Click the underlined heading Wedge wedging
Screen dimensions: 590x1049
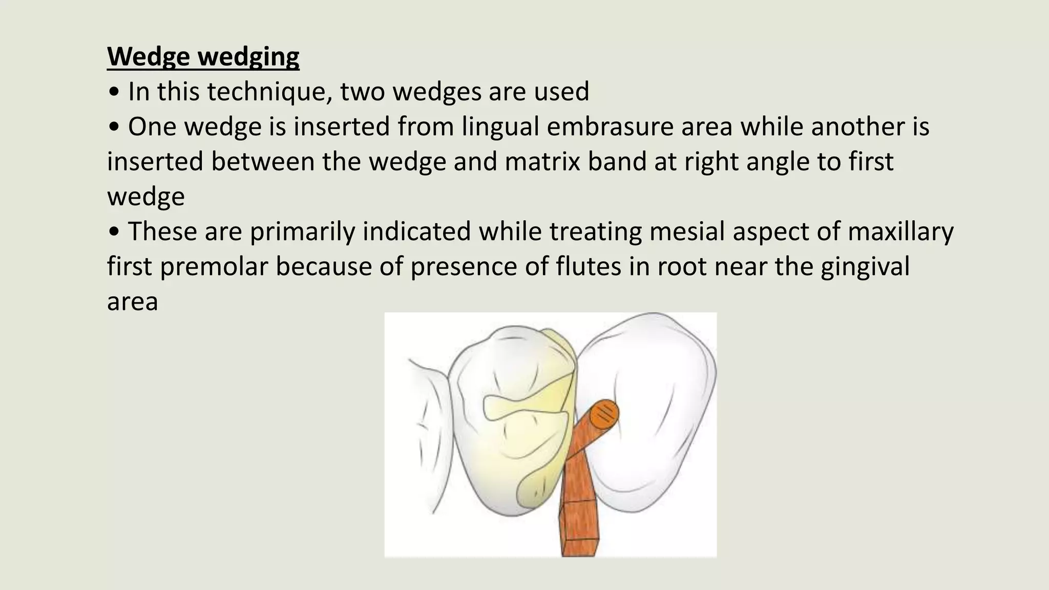click(x=203, y=56)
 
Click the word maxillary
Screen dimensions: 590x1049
click(x=900, y=231)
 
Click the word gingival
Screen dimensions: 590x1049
click(x=865, y=266)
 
